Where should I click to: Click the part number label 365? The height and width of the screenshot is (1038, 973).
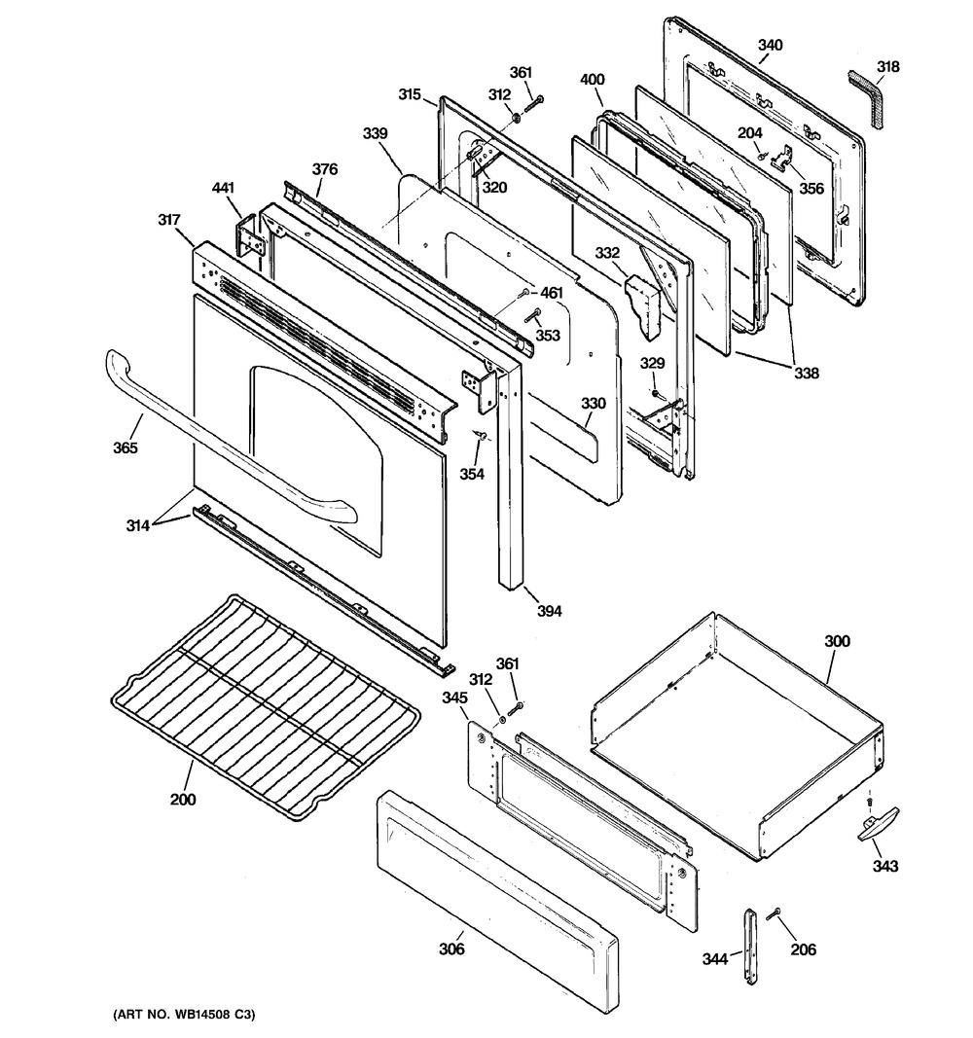click(125, 448)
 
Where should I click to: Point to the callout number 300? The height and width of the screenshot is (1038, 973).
click(837, 641)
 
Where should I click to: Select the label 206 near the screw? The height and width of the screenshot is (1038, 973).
click(803, 949)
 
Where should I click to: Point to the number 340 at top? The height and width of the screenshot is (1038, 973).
click(770, 46)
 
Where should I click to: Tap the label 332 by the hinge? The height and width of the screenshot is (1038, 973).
click(608, 253)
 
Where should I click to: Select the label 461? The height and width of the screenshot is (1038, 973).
click(552, 292)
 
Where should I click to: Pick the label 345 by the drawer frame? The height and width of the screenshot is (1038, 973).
click(455, 698)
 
